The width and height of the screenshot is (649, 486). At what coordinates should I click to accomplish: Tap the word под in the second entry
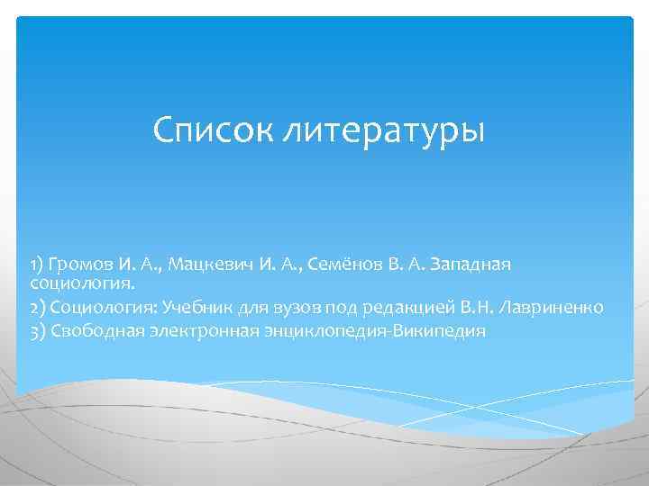pos(336,308)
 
